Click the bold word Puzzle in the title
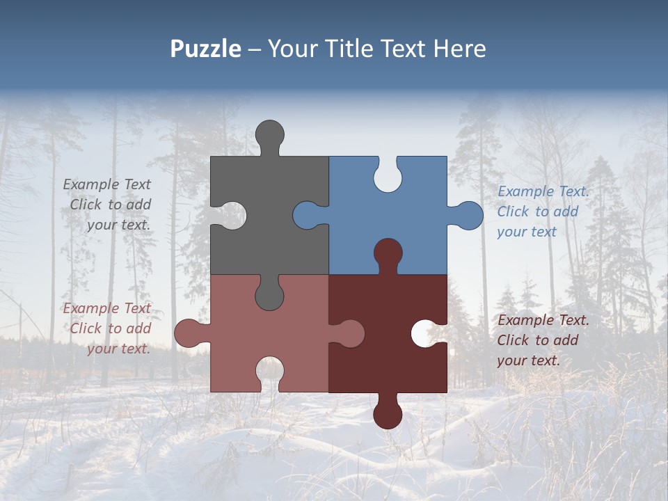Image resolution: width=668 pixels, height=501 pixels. point(205,49)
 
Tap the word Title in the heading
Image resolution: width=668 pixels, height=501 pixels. point(358,49)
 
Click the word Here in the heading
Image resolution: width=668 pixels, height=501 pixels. point(459,49)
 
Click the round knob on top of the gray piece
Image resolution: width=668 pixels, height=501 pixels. point(270,134)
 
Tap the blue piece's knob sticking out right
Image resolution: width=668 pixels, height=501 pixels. point(468,215)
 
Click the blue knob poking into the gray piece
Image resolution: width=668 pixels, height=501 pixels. point(307,215)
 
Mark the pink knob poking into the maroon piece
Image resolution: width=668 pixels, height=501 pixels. point(350,333)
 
